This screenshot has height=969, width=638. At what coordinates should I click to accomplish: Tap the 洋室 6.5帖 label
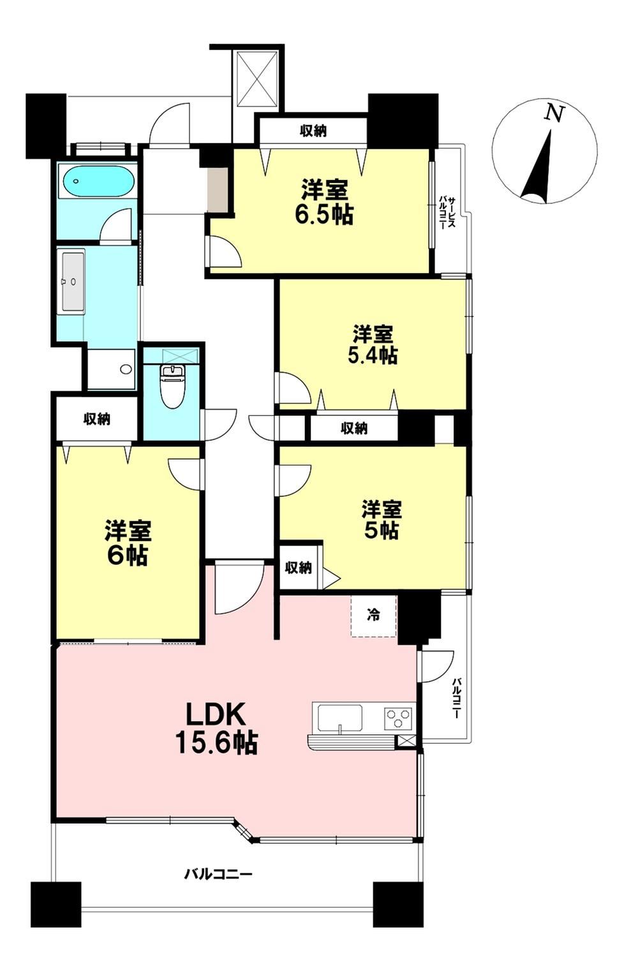point(324,202)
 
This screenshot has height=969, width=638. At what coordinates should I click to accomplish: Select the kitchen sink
point(340,718)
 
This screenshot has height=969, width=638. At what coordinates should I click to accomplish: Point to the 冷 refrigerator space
point(373,616)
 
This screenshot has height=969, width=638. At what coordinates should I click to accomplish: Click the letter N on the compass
point(554,113)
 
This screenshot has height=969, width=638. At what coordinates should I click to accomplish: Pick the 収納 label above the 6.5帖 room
point(313,131)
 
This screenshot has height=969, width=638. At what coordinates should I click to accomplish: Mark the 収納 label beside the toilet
point(97,418)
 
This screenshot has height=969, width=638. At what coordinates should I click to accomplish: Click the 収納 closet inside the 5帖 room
point(299,568)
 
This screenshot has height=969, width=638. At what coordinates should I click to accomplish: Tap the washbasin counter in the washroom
point(73,281)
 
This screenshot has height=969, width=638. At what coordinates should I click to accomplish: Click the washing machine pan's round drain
point(126,369)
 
